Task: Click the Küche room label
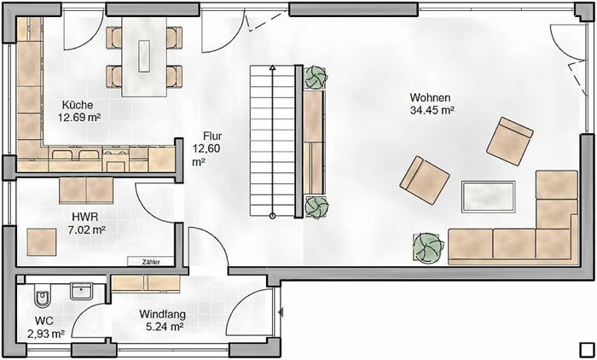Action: (x=78, y=105)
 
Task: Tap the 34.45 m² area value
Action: (x=432, y=111)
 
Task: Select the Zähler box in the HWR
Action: (x=151, y=262)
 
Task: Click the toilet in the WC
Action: (x=42, y=295)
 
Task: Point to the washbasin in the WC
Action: (x=81, y=291)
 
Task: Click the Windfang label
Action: (x=163, y=315)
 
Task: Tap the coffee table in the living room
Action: (x=489, y=196)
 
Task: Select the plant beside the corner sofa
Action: (x=428, y=247)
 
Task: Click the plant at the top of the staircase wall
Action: (x=316, y=78)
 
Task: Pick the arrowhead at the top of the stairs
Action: (x=272, y=68)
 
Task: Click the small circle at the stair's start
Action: (x=272, y=217)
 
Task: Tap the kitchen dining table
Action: (x=144, y=56)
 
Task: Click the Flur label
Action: (x=212, y=136)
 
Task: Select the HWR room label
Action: (x=85, y=218)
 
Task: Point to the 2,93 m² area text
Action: (x=46, y=334)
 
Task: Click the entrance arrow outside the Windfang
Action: (x=281, y=312)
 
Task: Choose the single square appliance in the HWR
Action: (x=42, y=242)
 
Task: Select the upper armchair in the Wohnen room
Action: (x=510, y=141)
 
